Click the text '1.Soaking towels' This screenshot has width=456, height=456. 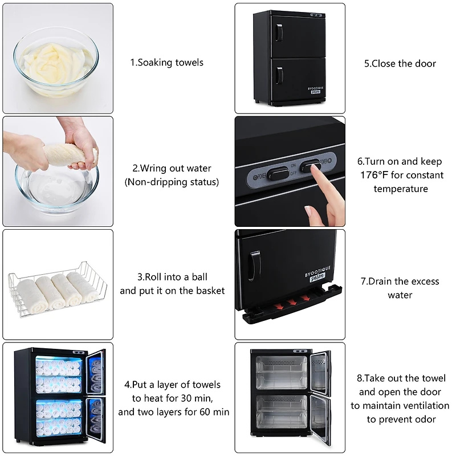coord(166,63)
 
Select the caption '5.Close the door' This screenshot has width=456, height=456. coord(400,63)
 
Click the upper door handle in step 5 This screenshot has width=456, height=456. coord(278,32)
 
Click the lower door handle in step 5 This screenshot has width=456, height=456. coord(278,75)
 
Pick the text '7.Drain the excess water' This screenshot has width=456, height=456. coord(400,288)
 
